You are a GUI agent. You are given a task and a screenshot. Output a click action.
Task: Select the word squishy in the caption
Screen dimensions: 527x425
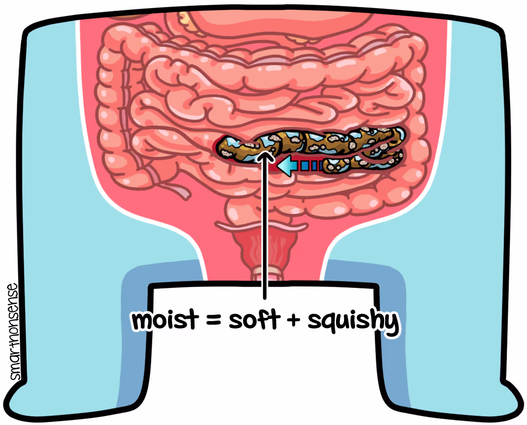click(x=353, y=322)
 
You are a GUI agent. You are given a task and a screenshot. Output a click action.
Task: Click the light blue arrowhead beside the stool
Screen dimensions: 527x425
click(x=287, y=165)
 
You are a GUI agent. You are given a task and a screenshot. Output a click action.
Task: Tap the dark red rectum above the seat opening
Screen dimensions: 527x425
click(x=263, y=252)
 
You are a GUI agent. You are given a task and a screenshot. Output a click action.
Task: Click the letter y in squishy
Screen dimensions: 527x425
click(x=392, y=324)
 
